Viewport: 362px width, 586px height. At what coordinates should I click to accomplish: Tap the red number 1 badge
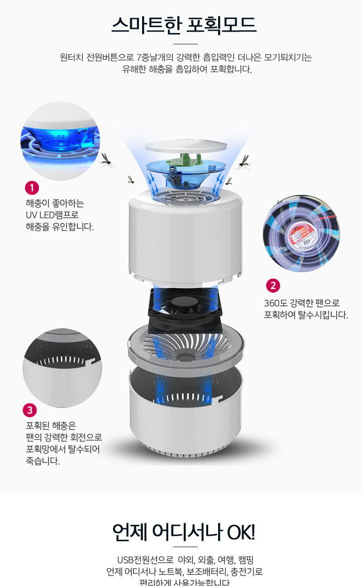32,188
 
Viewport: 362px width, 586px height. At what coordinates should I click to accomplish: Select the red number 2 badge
272,285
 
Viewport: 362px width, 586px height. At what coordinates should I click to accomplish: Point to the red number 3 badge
29,410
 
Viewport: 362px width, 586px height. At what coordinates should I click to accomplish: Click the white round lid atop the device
186,147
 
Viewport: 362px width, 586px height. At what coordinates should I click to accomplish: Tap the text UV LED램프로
52,215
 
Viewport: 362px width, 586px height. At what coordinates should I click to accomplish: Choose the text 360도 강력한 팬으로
301,303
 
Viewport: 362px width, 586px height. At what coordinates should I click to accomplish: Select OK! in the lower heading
241,533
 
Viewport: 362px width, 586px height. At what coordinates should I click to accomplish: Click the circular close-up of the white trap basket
62,368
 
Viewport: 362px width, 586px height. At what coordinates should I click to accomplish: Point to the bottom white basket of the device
185,416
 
